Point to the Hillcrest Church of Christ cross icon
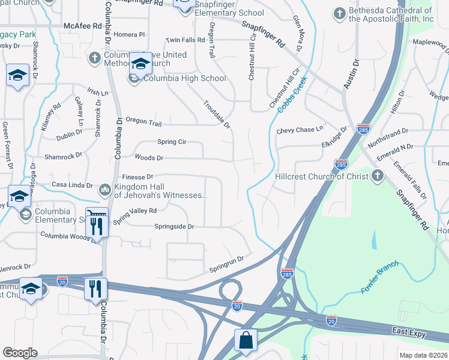376,176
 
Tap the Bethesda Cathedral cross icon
339,13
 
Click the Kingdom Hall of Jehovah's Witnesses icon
104,190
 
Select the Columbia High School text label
184,78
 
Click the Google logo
20,352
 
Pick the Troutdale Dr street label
217,114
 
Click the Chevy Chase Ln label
300,130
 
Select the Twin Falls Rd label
185,40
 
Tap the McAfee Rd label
82,26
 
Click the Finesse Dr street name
137,177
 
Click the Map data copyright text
424,355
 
